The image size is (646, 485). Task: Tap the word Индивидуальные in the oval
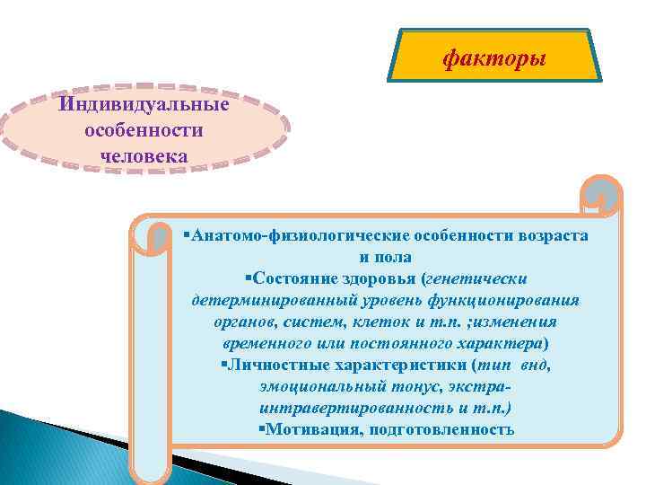pyautogui.click(x=144, y=105)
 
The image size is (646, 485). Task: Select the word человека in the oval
pyautogui.click(x=144, y=155)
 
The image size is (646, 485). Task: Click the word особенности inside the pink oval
pyautogui.click(x=144, y=130)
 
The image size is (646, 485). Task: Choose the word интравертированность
pyautogui.click(x=344, y=407)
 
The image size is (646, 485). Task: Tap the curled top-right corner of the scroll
pyautogui.click(x=599, y=194)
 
